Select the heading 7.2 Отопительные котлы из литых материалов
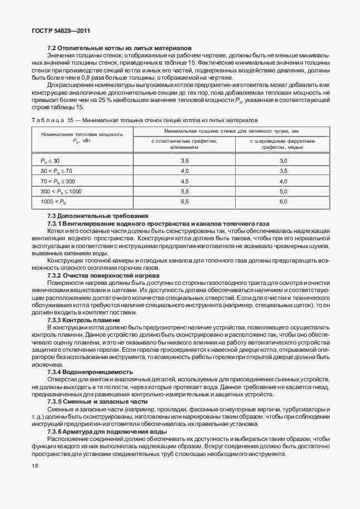click(x=119, y=49)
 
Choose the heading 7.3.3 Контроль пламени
click(x=84, y=320)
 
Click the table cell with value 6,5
click(x=184, y=201)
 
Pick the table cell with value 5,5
click(x=184, y=191)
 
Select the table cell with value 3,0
click(x=283, y=161)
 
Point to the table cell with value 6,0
click(x=283, y=201)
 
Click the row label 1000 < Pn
click(x=53, y=201)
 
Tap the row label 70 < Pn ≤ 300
click(x=57, y=181)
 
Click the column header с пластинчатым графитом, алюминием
click(x=184, y=144)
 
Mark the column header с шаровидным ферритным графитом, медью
click(x=283, y=144)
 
